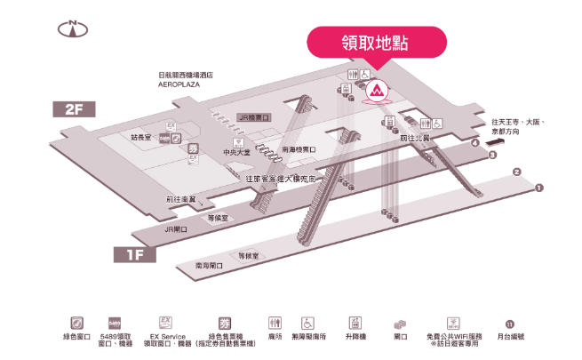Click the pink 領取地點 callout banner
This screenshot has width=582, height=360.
point(374,42)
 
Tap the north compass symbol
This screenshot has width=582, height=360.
point(71,28)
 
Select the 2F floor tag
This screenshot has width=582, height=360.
point(74,110)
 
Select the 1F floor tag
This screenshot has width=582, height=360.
point(135,255)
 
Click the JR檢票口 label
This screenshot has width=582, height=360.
point(254,116)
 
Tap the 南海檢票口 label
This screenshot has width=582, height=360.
point(299,149)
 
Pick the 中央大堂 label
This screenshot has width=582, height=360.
point(237,152)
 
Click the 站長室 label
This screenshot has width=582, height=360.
point(141,138)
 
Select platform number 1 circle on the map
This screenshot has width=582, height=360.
point(539,188)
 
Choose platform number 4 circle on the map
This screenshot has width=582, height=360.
point(476,142)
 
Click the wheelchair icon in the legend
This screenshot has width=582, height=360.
point(307,322)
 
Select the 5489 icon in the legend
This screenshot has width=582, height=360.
point(115,322)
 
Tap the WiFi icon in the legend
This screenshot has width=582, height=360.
point(454,322)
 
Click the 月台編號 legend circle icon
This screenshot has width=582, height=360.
point(510,324)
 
